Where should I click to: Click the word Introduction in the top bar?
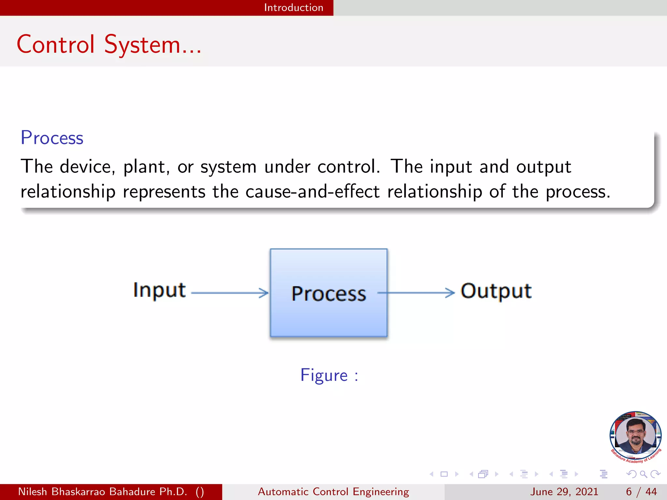293,7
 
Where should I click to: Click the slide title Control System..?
109,45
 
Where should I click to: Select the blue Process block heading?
52,138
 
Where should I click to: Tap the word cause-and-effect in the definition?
312,191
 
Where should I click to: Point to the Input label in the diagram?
159,290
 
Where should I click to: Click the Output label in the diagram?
496,291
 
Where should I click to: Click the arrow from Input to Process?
230,293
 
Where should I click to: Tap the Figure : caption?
329,375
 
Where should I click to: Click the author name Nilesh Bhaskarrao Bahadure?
103,492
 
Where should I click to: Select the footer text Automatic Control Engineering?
333,492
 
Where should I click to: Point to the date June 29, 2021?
564,492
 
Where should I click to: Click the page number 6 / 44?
641,492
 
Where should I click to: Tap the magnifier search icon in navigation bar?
643,474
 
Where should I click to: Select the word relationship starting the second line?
68,191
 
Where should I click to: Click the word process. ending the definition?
578,192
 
